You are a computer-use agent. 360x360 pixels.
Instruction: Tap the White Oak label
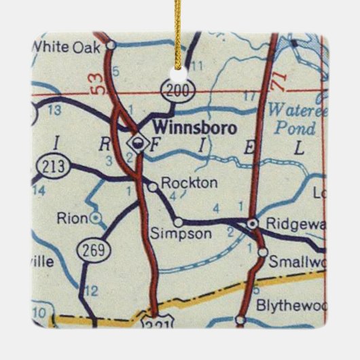point(66,48)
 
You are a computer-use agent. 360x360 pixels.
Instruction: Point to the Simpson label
point(179,233)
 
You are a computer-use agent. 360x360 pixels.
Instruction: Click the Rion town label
point(74,218)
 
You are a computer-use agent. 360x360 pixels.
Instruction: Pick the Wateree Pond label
point(292,118)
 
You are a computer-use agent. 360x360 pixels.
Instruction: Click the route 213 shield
point(50,165)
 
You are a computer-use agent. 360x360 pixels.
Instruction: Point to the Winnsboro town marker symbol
point(139,142)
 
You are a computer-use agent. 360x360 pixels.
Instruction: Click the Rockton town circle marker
point(152,185)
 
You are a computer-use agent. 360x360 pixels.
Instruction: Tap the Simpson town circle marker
point(178,221)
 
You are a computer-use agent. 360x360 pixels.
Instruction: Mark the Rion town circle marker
point(96,217)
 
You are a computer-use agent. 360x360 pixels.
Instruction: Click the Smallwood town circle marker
point(262,253)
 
